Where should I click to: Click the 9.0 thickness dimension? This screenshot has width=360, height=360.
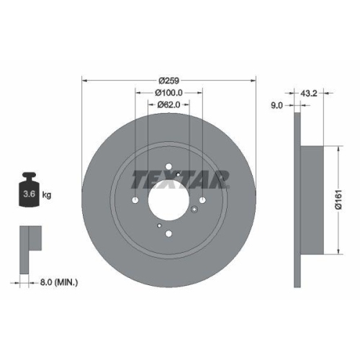pyautogui.click(x=276, y=105)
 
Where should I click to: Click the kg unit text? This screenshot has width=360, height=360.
pyautogui.click(x=48, y=194)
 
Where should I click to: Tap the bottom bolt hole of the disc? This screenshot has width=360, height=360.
pyautogui.click(x=168, y=232)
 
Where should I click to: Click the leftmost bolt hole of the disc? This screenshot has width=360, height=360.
pyautogui.click(x=134, y=200)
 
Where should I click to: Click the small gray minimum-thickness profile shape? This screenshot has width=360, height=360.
pyautogui.click(x=29, y=238)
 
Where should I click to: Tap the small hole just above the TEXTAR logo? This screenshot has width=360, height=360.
pyautogui.click(x=178, y=173)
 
